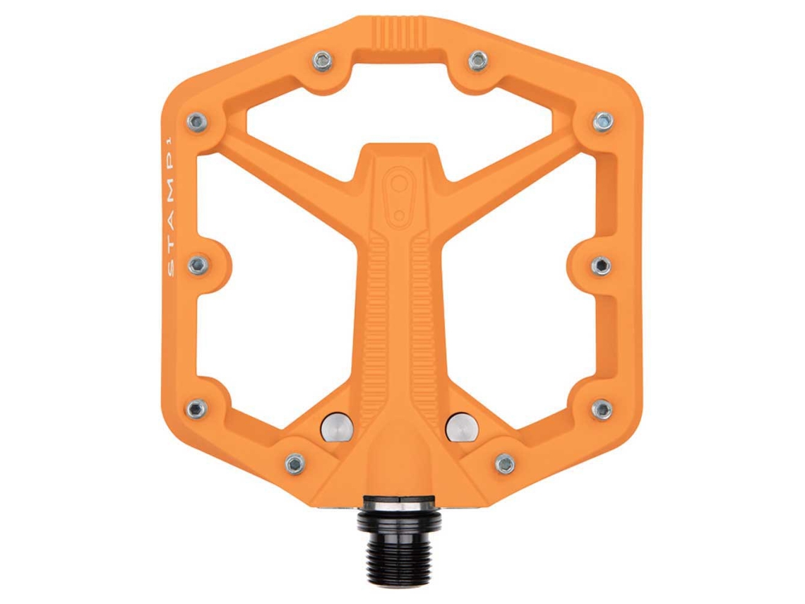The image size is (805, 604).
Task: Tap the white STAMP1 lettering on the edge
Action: tap(171, 206)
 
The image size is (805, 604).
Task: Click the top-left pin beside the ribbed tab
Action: tap(323, 61)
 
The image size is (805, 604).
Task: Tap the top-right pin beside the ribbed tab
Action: tap(477, 61)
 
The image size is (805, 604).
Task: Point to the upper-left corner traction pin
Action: tap(198, 122)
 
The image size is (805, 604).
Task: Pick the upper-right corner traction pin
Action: tap(603, 122)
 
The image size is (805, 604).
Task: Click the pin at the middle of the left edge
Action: tap(198, 265)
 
